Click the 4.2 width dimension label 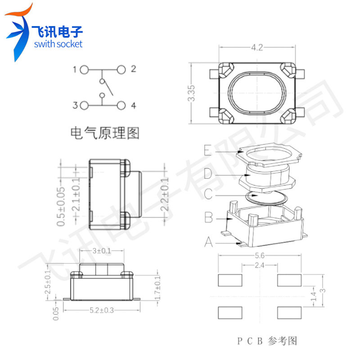(256, 48)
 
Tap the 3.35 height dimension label (191, 93)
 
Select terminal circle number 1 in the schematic (84, 70)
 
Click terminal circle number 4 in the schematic (121, 105)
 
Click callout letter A (208, 242)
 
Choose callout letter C (208, 194)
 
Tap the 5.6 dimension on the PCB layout (260, 256)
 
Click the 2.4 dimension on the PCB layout (260, 265)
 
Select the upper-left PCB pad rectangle (230, 280)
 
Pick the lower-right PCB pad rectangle (289, 313)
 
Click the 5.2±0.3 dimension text (102, 310)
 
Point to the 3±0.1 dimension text (102, 251)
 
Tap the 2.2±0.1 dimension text (165, 194)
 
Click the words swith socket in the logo (58, 44)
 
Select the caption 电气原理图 (105, 133)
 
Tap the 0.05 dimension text (56, 314)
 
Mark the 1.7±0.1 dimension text (157, 288)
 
